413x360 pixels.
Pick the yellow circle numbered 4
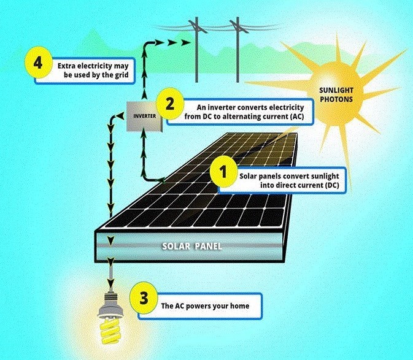[x=38, y=63]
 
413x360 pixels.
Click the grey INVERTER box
[x=144, y=115]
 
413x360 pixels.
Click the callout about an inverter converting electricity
[x=245, y=110]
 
